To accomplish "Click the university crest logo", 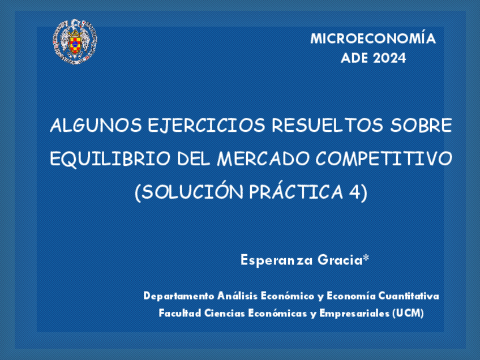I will (x=75, y=41).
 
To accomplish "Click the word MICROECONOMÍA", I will (x=372, y=39).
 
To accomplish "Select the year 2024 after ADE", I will (x=389, y=58).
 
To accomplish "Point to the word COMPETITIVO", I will (x=384, y=159).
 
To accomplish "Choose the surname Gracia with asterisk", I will (x=343, y=260).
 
